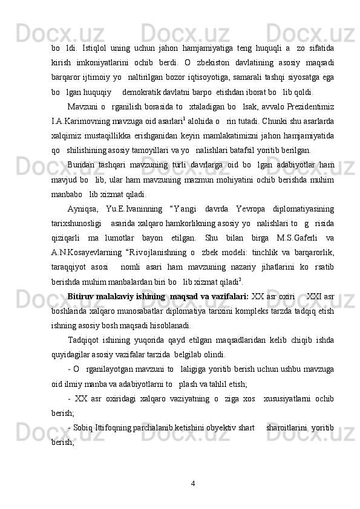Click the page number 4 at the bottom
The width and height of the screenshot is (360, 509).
192,483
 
